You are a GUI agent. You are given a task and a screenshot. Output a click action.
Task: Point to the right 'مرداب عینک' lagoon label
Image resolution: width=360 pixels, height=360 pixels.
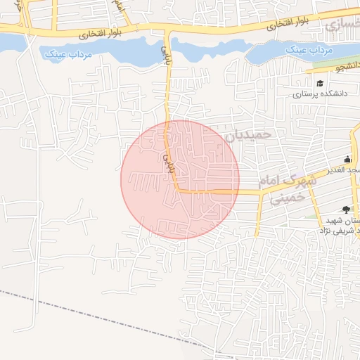pyautogui.click(x=303, y=51)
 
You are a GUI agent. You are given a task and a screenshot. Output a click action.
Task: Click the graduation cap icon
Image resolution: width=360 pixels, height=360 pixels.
pyautogui.click(x=320, y=83)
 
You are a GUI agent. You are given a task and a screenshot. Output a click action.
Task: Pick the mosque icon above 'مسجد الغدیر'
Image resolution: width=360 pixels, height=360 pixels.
pyautogui.click(x=347, y=159)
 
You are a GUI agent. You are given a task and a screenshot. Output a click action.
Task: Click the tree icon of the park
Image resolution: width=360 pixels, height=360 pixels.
pyautogui.click(x=345, y=208)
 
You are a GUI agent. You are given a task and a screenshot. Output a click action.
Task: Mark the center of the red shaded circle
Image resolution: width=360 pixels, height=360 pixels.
pyautogui.click(x=180, y=179)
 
